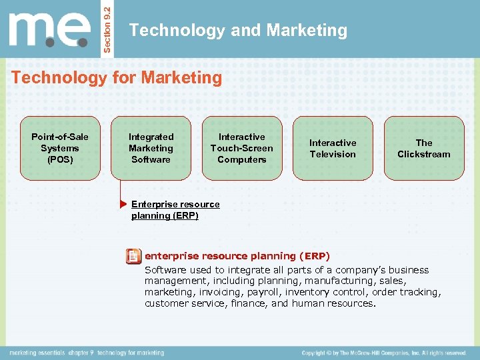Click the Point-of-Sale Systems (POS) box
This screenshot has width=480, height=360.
[60, 148]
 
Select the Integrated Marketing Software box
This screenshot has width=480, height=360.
[151, 148]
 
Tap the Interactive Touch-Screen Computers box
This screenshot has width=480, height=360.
[241, 148]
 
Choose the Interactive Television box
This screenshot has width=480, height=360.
[333, 148]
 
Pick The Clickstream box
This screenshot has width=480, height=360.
[423, 148]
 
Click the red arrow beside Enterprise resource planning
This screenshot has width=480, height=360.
[124, 203]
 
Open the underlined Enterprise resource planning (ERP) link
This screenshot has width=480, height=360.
[175, 209]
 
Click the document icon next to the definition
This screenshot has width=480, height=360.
[133, 256]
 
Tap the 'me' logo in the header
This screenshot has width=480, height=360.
[50, 29]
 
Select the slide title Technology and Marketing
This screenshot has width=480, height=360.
[238, 30]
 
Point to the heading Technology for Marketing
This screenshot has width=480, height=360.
[117, 78]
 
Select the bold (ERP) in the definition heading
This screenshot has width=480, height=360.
[315, 256]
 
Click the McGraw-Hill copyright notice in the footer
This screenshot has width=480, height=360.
[383, 353]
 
